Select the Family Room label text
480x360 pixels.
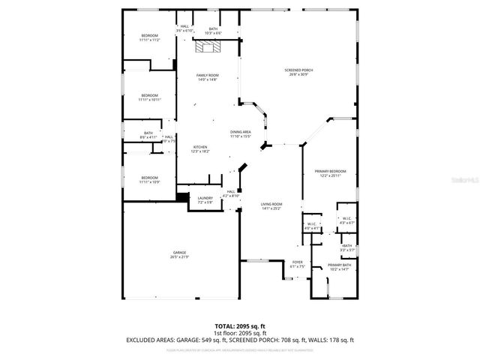[207, 77]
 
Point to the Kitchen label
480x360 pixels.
[200, 148]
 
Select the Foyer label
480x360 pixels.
[298, 264]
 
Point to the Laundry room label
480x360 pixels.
[205, 199]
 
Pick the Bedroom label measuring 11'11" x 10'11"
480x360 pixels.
[150, 97]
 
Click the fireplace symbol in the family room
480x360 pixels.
[206, 47]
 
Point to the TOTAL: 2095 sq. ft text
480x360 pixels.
[239, 326]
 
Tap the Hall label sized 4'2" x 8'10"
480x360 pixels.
[232, 193]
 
